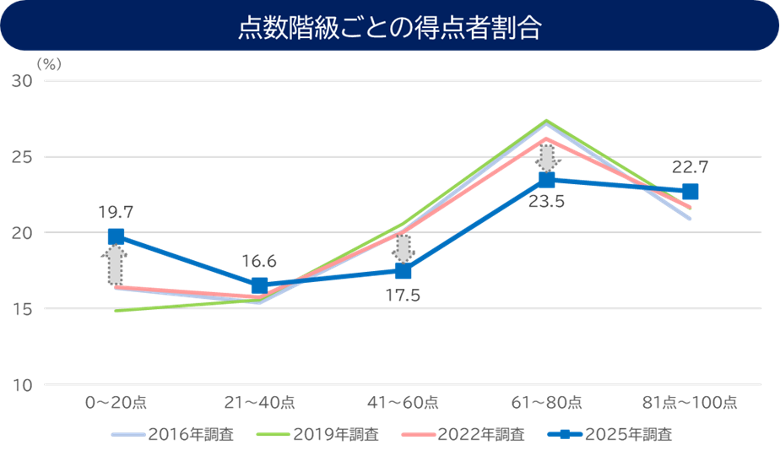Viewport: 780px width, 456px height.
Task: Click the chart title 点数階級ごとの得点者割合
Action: [x=390, y=26]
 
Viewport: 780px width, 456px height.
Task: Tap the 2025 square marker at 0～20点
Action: [x=116, y=236]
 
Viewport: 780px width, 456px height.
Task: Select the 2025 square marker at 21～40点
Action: [x=259, y=285]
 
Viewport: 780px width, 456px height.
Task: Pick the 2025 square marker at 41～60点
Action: [x=403, y=271]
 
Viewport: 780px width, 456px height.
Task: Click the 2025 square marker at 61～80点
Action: [x=546, y=180]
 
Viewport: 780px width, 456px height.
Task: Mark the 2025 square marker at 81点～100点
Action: [x=690, y=192]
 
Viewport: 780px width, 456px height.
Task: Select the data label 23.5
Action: [x=545, y=202]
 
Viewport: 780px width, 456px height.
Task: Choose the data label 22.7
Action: [x=691, y=166]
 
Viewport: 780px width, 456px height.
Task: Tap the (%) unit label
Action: [x=49, y=62]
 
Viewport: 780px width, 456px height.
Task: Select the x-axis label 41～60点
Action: [x=403, y=403]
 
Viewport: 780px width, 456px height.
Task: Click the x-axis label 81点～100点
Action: [x=690, y=403]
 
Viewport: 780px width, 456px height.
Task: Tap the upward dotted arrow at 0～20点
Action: [x=116, y=266]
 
